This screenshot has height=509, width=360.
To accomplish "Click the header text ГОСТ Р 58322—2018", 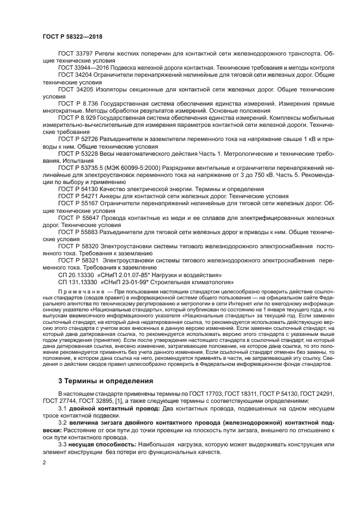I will pos(72,36).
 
